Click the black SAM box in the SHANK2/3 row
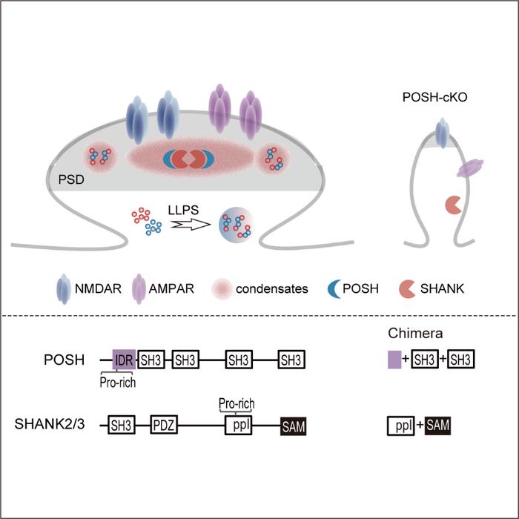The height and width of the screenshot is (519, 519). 293,426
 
